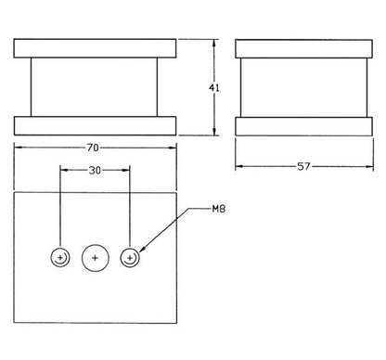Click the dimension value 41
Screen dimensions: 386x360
coord(214,88)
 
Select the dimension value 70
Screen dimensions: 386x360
coord(93,148)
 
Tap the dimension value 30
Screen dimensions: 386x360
coord(95,170)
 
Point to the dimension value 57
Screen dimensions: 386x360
coord(303,167)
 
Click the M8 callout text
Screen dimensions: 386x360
coord(219,209)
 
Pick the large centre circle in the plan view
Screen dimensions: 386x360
coord(96,258)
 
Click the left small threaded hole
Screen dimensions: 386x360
coord(60,257)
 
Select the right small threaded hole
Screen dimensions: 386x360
coord(130,257)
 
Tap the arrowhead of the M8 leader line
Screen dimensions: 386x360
coord(142,249)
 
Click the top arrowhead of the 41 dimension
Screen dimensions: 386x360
coord(213,44)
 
